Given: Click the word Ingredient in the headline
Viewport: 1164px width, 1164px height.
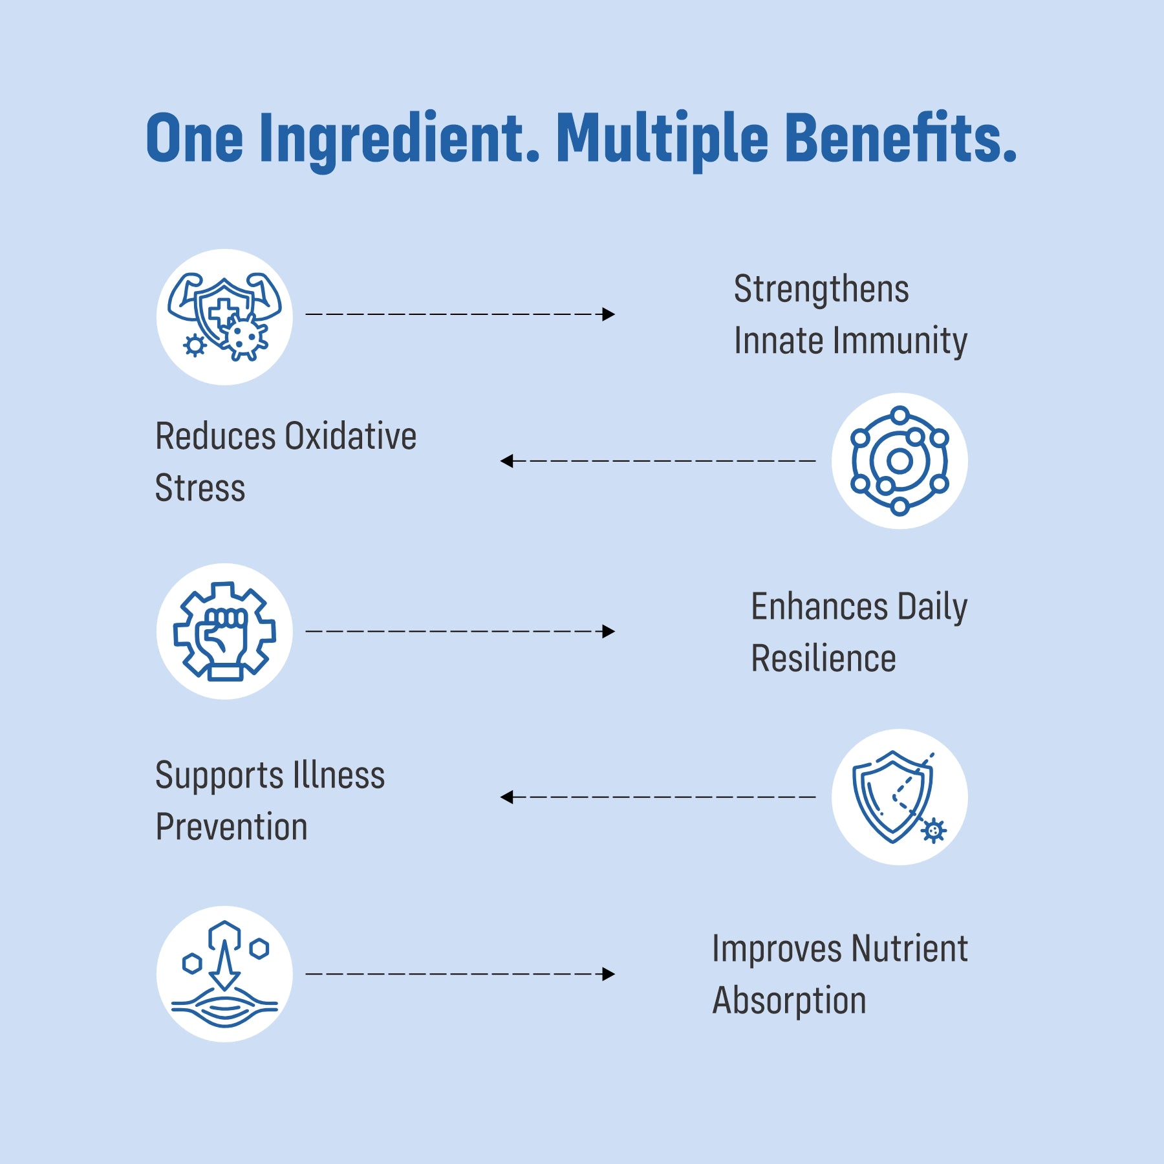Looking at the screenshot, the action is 400,140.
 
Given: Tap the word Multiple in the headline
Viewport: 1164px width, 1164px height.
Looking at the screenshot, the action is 662,140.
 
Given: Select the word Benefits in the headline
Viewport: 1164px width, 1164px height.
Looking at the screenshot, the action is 901,137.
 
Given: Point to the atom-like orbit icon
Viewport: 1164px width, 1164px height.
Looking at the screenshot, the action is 900,460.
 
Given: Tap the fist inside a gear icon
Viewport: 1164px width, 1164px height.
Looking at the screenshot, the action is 224,631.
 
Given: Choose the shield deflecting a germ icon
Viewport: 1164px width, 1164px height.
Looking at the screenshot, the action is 900,797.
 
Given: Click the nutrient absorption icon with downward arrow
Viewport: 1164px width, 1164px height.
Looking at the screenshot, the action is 224,974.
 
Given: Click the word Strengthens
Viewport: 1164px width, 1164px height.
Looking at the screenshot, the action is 821,290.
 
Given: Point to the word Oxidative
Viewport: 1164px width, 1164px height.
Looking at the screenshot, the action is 350,436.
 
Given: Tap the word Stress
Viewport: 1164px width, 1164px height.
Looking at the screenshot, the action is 200,488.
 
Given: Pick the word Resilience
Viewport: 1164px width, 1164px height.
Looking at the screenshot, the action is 823,658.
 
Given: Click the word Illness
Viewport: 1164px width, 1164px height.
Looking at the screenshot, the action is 339,775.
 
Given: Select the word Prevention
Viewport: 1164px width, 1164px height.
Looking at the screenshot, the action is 232,826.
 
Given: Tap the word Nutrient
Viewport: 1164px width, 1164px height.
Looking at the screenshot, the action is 909,949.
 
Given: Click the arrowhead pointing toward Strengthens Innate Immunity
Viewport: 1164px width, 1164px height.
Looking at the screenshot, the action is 609,314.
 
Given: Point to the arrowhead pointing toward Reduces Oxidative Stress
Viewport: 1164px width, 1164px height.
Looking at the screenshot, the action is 506,461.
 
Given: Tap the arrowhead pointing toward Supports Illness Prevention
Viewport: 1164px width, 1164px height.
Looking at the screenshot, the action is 506,797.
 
